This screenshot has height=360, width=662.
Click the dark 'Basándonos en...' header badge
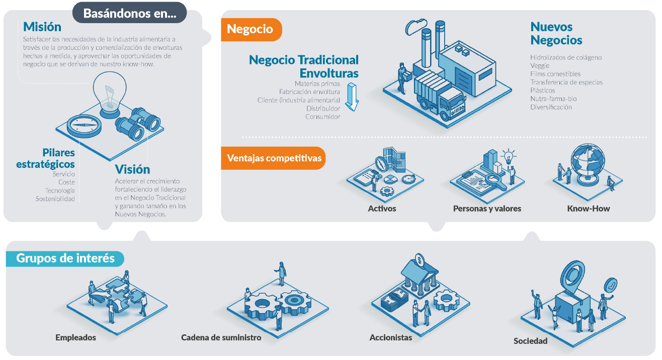pyautogui.click(x=129, y=13)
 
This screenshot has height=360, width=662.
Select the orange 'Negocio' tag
pyautogui.click(x=251, y=29)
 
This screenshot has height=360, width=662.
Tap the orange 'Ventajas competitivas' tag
pyautogui.click(x=273, y=158)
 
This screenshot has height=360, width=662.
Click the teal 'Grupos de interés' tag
pyautogui.click(x=65, y=258)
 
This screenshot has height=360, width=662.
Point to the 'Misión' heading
pyautogui.click(x=42, y=27)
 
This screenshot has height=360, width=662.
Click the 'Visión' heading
pyautogui.click(x=132, y=169)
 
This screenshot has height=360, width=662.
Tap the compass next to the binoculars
pyautogui.click(x=84, y=126)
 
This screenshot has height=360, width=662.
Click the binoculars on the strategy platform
pyautogui.click(x=138, y=124)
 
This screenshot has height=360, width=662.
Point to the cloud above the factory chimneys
pyautogui.click(x=416, y=27)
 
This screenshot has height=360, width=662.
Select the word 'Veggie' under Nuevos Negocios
pyautogui.click(x=540, y=65)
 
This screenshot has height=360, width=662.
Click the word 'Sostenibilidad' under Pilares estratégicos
pyautogui.click(x=55, y=199)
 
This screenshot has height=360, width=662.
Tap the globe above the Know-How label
pyautogui.click(x=588, y=164)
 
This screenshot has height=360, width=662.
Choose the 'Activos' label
pyautogui.click(x=382, y=209)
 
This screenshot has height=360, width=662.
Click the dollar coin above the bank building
pyautogui.click(x=420, y=260)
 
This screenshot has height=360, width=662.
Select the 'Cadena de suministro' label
pyautogui.click(x=221, y=337)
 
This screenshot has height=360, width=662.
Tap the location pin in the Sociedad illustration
pyautogui.click(x=572, y=276)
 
